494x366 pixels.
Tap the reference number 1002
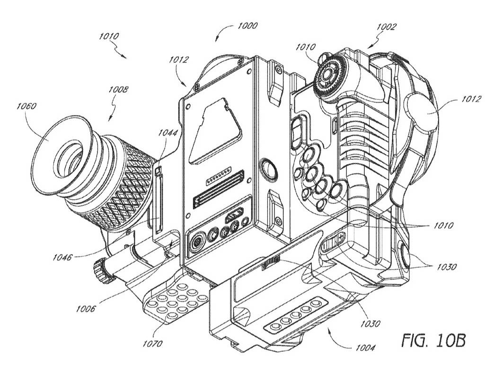coord(387,27)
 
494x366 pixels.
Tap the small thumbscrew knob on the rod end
coord(100,272)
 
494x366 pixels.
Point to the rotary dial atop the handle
coord(330,73)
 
